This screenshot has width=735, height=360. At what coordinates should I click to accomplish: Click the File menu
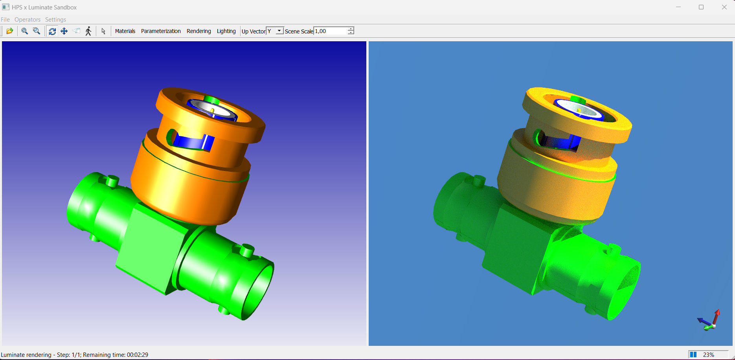pos(6,20)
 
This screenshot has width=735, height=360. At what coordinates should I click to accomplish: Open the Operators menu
pos(28,20)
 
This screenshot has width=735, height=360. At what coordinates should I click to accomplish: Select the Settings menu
pos(55,20)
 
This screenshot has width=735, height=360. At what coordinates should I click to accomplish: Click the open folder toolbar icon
pos(10,31)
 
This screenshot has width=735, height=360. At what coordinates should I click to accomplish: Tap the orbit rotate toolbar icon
pos(52,31)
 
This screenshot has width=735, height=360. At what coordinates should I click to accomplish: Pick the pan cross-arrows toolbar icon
pos(64,31)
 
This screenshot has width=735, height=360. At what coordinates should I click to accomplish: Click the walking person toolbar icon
pos(88,31)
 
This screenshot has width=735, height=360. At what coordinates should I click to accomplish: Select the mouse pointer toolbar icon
pos(103,31)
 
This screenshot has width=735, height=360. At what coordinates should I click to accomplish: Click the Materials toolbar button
pos(125,31)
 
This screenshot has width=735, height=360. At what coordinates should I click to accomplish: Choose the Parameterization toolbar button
pos(161,31)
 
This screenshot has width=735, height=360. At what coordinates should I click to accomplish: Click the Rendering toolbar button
pos(198,31)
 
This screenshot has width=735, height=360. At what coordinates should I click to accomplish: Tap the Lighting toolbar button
pos(226,31)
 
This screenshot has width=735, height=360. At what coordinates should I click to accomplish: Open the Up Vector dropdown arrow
pos(279,31)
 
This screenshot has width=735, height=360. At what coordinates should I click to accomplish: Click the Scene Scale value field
pos(330,31)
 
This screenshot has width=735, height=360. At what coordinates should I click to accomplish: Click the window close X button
pos(724,7)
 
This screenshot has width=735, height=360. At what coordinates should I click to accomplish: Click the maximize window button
pos(701,7)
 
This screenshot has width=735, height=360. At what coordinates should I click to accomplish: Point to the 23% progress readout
pos(708,354)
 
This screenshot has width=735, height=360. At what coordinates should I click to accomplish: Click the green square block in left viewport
pos(151,250)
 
